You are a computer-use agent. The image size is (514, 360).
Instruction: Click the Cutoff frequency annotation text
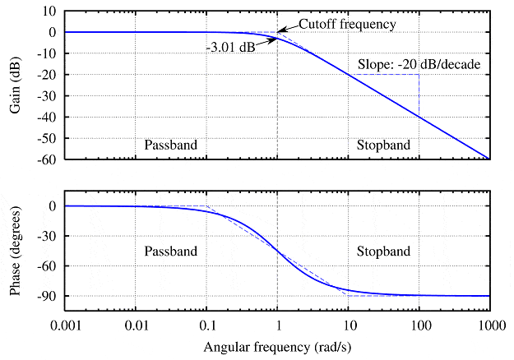(x=347, y=24)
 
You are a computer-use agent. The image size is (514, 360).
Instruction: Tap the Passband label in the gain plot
(x=171, y=145)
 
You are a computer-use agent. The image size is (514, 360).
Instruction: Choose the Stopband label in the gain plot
(x=382, y=145)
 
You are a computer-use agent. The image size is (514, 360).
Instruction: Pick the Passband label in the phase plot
(x=171, y=251)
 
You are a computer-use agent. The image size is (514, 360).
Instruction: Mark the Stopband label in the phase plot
(x=382, y=251)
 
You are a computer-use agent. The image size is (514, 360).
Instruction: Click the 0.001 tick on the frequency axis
(x=67, y=325)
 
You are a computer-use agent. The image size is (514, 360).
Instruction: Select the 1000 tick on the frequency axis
(x=490, y=325)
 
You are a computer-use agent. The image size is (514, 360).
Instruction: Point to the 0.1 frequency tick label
(x=207, y=325)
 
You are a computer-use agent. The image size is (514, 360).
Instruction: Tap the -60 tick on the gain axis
(x=46, y=159)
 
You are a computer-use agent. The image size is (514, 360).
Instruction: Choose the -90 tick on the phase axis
(x=46, y=296)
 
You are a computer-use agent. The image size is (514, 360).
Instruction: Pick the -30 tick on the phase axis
(x=46, y=236)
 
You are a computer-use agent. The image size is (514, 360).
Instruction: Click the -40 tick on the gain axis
(x=46, y=117)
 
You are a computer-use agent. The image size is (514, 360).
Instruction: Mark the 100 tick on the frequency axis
(x=419, y=325)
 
